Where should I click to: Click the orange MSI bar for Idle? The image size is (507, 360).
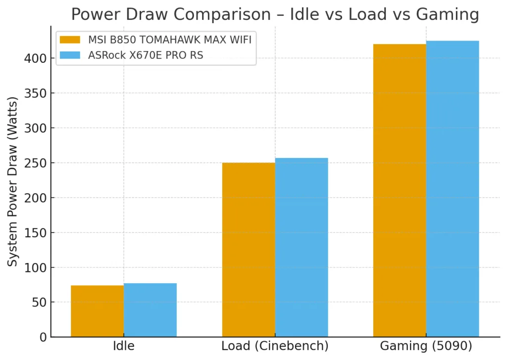pos(98,311)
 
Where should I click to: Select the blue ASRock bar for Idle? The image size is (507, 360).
pos(150,310)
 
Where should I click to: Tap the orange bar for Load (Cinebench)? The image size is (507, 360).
pos(249,250)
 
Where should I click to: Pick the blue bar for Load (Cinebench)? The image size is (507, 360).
pos(302,248)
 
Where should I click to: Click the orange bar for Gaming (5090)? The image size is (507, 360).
pos(400,191)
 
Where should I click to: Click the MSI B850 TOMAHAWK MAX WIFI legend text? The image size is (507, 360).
pos(170,40)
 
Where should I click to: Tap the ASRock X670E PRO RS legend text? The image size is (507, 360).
pos(146,55)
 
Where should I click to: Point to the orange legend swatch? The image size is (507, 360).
pos(70,40)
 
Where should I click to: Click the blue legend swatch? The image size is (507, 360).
pos(70,55)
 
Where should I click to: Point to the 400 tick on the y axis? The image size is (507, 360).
pos(35,58)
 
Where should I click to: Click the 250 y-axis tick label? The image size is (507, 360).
pos(35,163)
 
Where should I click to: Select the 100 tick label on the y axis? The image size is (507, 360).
pos(35,267)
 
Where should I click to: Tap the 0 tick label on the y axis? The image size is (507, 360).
pos(43,338)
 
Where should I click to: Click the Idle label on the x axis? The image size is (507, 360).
pos(124,346)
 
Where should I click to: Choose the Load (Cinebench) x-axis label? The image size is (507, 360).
pos(275,346)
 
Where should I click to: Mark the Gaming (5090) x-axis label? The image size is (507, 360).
pos(426,346)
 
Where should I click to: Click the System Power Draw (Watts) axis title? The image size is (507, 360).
pos(12,182)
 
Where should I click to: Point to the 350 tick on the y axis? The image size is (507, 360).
pos(35,93)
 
